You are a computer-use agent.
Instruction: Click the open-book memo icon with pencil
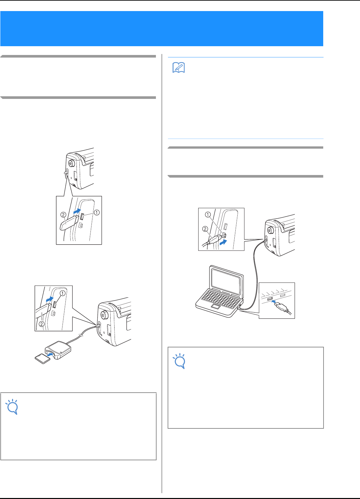[179, 68]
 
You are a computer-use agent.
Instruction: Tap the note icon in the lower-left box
[12, 407]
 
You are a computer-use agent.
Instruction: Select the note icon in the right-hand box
[179, 361]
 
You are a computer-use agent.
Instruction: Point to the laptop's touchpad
[216, 307]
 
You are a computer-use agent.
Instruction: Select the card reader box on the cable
[58, 350]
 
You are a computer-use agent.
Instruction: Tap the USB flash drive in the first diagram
[69, 223]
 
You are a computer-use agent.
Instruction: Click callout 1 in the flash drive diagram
[97, 212]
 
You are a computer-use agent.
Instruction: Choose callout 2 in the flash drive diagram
[63, 215]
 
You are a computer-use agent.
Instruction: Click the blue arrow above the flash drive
[77, 211]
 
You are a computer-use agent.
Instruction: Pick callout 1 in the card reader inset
[63, 293]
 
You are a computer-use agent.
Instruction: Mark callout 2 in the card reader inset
[42, 324]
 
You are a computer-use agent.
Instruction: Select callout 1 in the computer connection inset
[208, 214]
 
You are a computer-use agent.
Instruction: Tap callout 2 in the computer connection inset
[205, 229]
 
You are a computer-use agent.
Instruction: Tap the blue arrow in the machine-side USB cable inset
[223, 242]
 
